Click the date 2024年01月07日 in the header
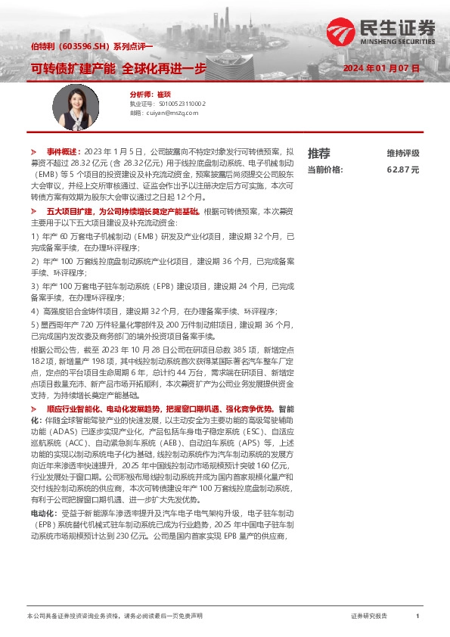[x=381, y=68]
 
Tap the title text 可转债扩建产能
[x=73, y=68]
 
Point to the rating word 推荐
[x=319, y=153]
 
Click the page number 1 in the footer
[x=417, y=617]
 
